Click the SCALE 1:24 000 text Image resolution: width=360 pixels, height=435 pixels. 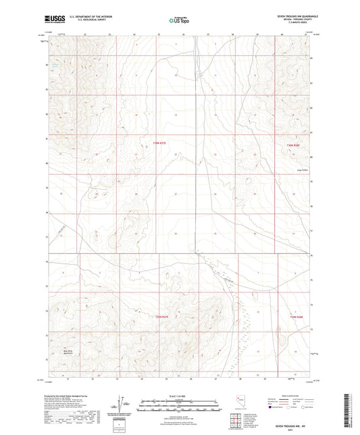(180, 396)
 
